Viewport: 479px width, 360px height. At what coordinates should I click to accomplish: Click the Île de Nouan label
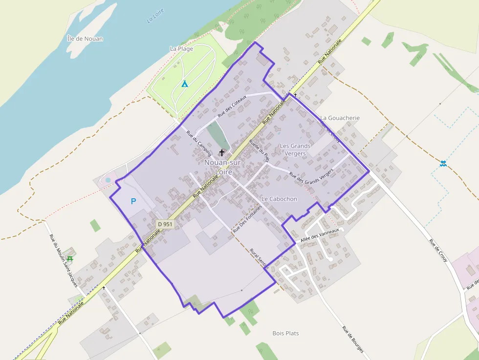pyautogui.click(x=85, y=39)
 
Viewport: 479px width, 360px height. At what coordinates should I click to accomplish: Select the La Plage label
pyautogui.click(x=181, y=49)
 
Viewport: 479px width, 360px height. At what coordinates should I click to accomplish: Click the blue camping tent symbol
pyautogui.click(x=185, y=84)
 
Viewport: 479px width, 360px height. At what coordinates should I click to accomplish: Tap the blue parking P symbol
pyautogui.click(x=133, y=201)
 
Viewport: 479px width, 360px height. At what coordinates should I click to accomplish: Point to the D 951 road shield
pyautogui.click(x=165, y=224)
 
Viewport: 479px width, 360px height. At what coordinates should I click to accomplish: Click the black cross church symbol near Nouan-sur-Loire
pyautogui.click(x=222, y=153)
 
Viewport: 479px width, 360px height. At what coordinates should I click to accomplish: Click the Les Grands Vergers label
pyautogui.click(x=293, y=149)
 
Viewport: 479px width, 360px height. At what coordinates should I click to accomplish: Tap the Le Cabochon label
pyautogui.click(x=279, y=199)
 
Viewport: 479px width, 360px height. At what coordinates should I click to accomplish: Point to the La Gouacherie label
pyautogui.click(x=340, y=118)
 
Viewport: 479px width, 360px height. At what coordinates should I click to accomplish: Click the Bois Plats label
pyautogui.click(x=285, y=333)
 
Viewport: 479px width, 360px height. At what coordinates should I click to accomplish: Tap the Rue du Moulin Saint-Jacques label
pyautogui.click(x=64, y=260)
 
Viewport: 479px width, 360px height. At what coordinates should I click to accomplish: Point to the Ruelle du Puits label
pyautogui.click(x=259, y=150)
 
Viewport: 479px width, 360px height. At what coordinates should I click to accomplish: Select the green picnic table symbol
pyautogui.click(x=70, y=258)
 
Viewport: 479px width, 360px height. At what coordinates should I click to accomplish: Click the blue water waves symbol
pyautogui.click(x=443, y=163)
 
